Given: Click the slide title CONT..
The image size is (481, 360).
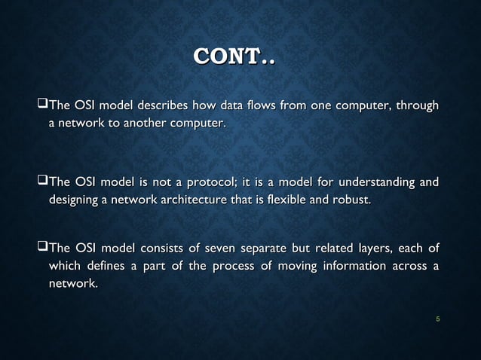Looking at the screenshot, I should tap(235, 57).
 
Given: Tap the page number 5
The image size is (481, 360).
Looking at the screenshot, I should tap(438, 321).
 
